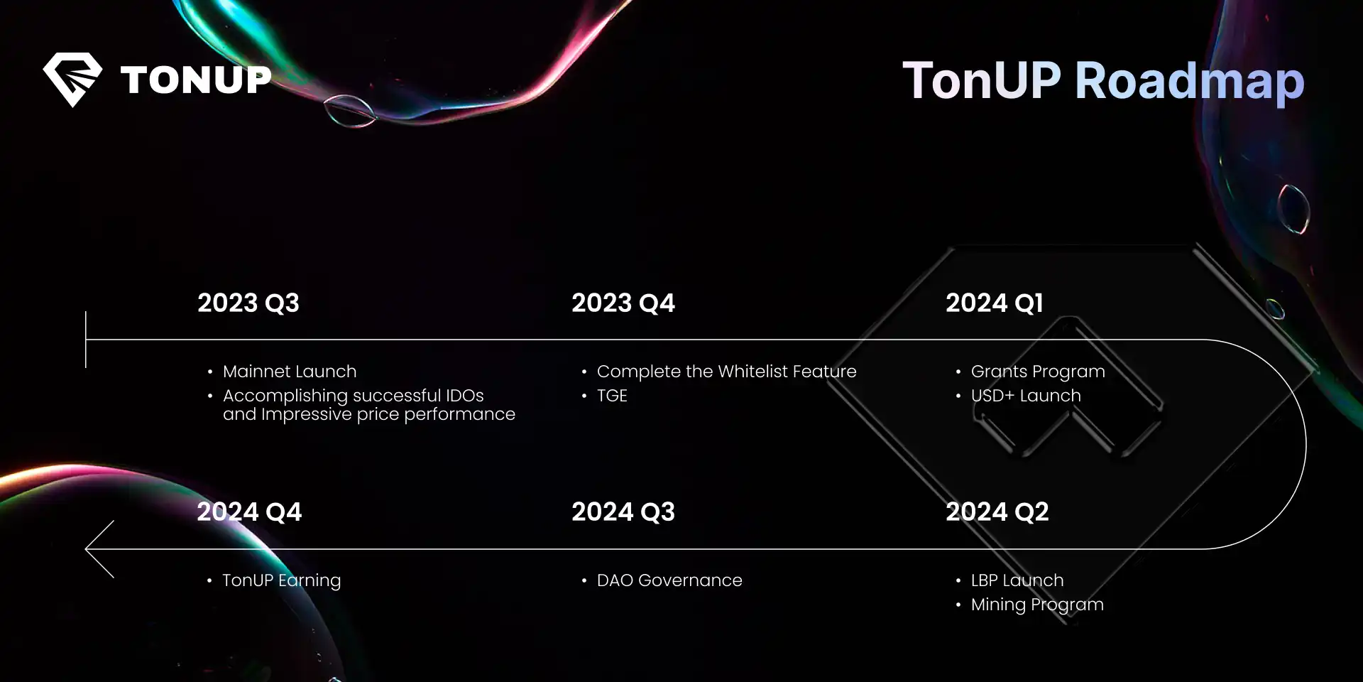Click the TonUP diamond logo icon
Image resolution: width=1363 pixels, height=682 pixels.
pos(72,79)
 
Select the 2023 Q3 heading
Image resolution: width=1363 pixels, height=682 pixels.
pos(248,303)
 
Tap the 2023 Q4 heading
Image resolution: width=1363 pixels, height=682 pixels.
pos(623,303)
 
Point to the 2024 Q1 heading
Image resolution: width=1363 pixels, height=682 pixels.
pos(995,303)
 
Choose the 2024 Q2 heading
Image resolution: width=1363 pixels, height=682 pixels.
pos(997,512)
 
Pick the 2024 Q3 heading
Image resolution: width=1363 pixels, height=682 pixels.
pos(623,512)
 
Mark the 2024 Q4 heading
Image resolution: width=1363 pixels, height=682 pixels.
pos(249,512)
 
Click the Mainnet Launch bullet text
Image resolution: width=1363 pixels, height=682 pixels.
pos(290,372)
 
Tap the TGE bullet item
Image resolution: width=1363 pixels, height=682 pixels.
pos(612,396)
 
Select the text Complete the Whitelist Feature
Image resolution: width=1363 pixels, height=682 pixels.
pos(727,372)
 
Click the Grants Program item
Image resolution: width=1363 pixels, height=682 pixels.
pos(1038,372)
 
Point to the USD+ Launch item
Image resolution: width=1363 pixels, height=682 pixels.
pos(1026,396)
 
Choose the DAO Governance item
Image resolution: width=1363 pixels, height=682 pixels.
pos(669,580)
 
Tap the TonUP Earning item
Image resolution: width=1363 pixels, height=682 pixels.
pos(282,581)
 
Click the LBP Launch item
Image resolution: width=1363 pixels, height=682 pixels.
pos(1017,580)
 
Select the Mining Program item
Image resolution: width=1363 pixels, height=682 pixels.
pos(1037,605)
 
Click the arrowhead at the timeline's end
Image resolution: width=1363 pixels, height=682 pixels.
pos(87,548)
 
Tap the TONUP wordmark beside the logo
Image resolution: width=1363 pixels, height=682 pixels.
pos(196,80)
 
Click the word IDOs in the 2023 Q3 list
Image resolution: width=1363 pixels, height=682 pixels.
pos(465,396)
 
